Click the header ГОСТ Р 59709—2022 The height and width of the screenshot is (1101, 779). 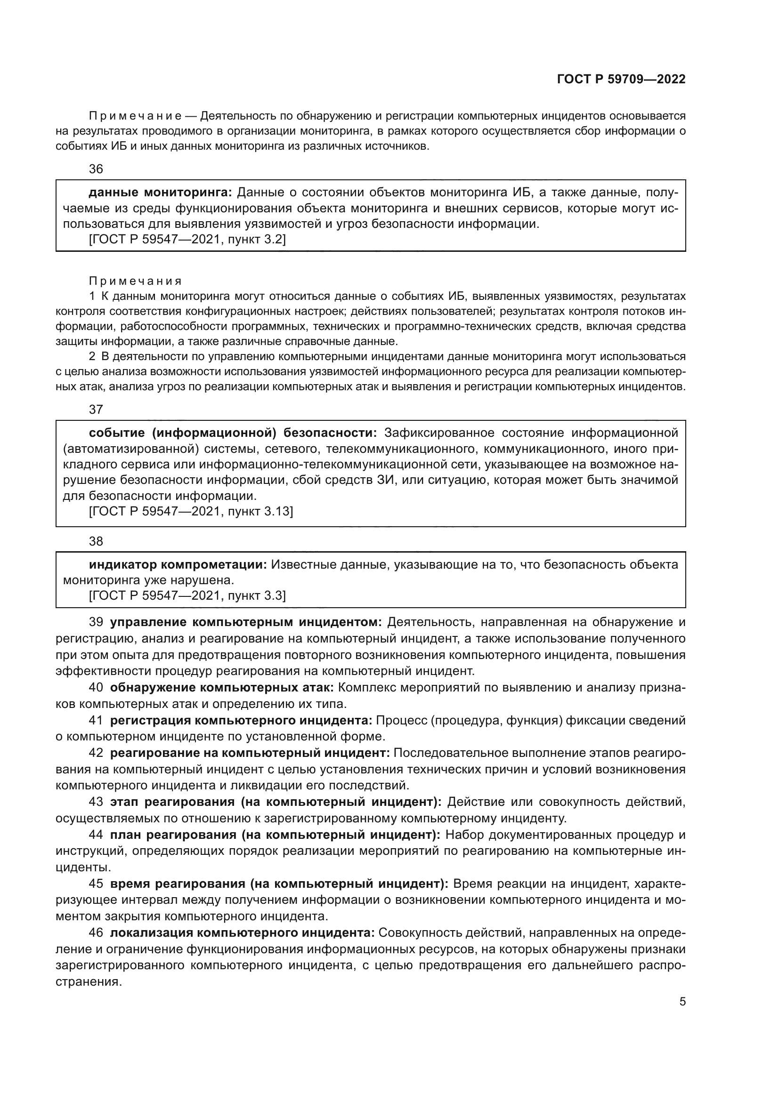621,80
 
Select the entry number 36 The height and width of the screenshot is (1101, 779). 96,169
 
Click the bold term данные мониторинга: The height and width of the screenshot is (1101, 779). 160,193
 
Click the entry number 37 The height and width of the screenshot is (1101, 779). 96,409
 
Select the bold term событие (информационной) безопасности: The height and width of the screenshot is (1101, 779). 233,433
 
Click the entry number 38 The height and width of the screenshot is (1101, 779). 96,541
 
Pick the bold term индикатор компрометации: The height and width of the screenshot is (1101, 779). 178,564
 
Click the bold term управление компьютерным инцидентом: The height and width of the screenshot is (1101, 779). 245,622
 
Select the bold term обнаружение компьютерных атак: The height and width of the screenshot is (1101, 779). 222,687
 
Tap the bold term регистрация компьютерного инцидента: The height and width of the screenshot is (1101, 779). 241,720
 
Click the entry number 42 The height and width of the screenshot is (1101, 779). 96,753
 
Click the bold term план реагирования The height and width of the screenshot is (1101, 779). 173,835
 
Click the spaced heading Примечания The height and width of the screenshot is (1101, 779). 136,281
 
